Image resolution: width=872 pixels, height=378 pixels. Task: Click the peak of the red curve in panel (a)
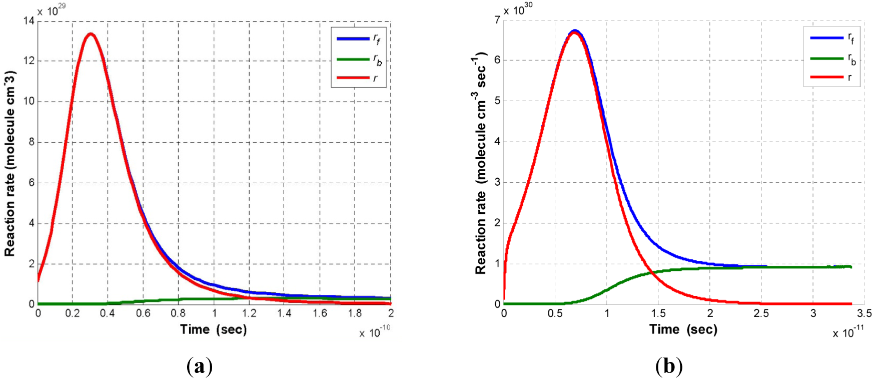[91, 34]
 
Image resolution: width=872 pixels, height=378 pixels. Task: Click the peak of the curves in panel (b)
[575, 32]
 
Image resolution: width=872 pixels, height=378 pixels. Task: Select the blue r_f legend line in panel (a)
[353, 39]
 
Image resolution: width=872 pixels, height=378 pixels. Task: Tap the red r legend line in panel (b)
[826, 77]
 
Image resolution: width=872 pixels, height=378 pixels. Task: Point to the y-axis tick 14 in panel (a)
[29, 21]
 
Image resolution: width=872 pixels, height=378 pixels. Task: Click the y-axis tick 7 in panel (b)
[497, 20]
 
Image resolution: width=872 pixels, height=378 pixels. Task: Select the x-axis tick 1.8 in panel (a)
[355, 313]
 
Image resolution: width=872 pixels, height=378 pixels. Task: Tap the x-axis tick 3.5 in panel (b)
[864, 313]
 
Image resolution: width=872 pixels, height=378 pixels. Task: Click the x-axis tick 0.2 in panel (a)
[73, 313]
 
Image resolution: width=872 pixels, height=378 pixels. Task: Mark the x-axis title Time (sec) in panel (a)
[214, 329]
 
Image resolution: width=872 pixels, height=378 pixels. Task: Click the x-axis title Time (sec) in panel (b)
[683, 329]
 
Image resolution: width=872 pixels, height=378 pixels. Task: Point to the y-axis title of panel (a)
[10, 163]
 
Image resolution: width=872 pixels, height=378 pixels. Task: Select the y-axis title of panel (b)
[480, 163]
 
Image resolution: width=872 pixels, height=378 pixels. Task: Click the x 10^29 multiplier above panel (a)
[52, 10]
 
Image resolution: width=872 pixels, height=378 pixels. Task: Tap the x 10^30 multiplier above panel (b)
[518, 10]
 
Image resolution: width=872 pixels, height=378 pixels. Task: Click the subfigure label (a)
[199, 367]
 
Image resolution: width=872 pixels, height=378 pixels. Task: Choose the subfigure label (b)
[669, 367]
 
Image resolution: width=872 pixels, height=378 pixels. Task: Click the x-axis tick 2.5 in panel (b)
[761, 313]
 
